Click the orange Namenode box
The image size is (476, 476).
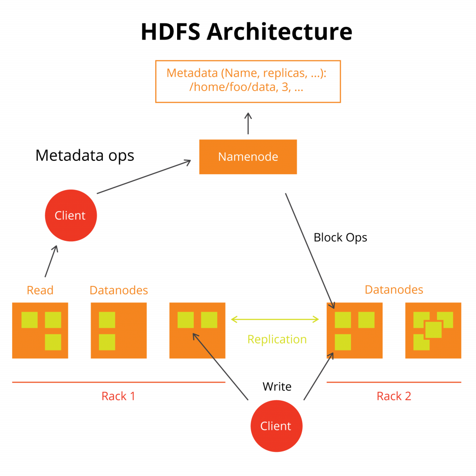(x=248, y=157)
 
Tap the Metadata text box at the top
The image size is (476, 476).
(x=248, y=81)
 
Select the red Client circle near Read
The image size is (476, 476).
(x=71, y=215)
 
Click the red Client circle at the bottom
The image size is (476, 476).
(x=276, y=426)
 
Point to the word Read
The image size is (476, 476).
(x=40, y=291)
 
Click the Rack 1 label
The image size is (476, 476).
(x=118, y=396)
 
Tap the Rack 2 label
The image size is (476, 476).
(x=394, y=396)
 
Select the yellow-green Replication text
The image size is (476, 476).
(x=277, y=339)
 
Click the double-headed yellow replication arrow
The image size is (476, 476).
(x=275, y=319)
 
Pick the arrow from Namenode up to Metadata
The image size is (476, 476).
(x=248, y=123)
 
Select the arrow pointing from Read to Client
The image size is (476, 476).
(x=51, y=261)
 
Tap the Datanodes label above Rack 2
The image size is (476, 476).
(x=394, y=290)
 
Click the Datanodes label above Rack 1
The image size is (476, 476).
(x=119, y=291)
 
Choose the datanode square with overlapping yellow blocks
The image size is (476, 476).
(x=433, y=331)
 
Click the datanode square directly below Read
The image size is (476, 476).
(x=40, y=331)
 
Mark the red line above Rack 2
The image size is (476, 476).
(x=394, y=382)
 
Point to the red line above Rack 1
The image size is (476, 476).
(x=119, y=382)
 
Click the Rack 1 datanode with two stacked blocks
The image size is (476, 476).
(x=119, y=331)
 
